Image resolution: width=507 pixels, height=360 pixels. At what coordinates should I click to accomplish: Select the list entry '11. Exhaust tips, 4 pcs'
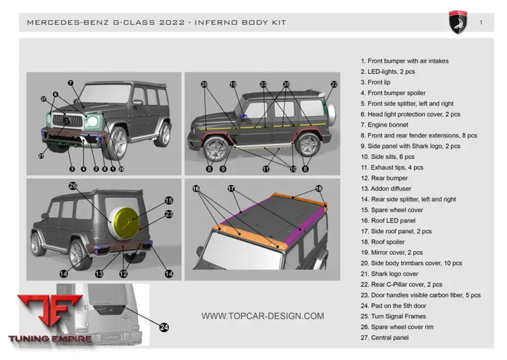pyautogui.click(x=399, y=168)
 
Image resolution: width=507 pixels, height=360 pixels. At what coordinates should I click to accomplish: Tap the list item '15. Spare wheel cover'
pyautogui.click(x=393, y=210)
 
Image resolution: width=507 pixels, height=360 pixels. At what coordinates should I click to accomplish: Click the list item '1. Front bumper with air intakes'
pyautogui.click(x=404, y=61)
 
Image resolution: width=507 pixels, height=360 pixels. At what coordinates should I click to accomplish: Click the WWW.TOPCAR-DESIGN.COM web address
pyautogui.click(x=263, y=316)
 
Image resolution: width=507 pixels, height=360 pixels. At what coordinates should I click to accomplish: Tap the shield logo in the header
pyautogui.click(x=458, y=23)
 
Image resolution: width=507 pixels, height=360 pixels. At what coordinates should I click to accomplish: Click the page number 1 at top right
pyautogui.click(x=480, y=23)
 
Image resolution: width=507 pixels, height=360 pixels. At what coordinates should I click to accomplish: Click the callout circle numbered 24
pyautogui.click(x=164, y=327)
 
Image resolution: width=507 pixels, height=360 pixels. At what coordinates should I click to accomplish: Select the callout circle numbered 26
pyautogui.click(x=73, y=186)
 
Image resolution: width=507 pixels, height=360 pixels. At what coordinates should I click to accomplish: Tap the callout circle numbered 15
pyautogui.click(x=169, y=200)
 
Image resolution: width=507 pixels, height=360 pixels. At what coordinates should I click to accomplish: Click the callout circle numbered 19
pyautogui.click(x=233, y=85)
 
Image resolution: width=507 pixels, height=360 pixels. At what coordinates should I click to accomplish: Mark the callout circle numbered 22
pyautogui.click(x=334, y=85)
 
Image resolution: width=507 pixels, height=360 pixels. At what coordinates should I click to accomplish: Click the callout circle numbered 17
pyautogui.click(x=231, y=188)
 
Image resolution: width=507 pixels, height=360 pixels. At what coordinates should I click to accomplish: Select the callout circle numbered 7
pyautogui.click(x=70, y=83)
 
